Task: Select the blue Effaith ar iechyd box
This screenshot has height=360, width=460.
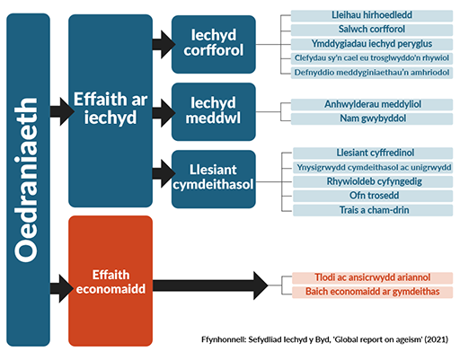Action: point(111,112)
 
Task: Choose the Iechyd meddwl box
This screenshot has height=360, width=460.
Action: point(214,112)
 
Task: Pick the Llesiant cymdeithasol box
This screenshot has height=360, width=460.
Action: point(214,179)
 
